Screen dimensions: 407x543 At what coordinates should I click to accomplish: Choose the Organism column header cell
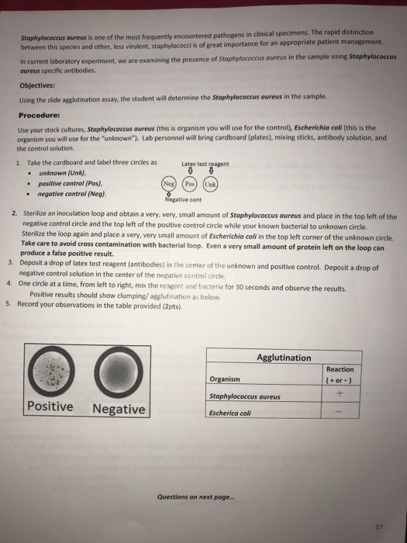(225, 379)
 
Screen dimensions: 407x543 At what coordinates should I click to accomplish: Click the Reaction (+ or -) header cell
(339, 374)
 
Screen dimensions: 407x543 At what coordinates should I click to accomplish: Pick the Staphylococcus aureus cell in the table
(245, 396)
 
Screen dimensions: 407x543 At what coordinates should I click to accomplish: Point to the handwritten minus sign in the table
(339, 413)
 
